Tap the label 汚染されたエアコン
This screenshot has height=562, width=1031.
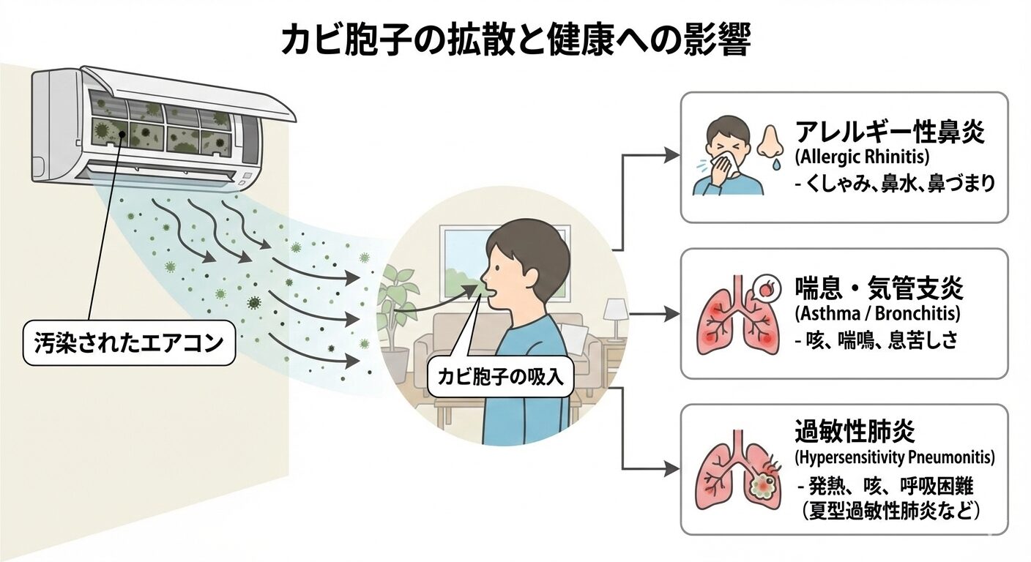click(x=129, y=342)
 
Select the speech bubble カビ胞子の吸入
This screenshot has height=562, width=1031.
click(x=501, y=378)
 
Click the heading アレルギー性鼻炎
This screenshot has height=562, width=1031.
click(x=889, y=133)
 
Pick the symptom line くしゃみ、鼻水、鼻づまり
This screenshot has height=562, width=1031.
click(x=895, y=184)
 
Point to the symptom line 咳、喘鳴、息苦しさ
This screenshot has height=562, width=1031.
click(x=876, y=341)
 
